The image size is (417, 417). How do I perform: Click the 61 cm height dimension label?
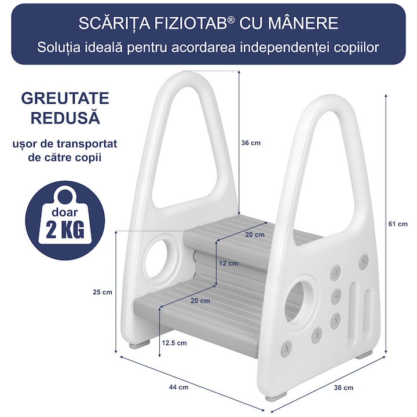(398, 224)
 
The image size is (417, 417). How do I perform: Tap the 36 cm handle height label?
(251, 143)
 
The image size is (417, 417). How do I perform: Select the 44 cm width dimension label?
(179, 387)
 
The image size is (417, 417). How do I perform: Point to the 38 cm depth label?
(343, 387)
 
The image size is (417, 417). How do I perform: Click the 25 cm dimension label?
(103, 292)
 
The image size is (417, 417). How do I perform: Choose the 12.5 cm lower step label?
(174, 343)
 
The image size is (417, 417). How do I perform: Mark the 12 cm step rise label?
(228, 264)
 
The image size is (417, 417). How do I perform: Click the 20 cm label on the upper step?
(255, 235)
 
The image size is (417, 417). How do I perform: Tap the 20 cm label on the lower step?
(200, 301)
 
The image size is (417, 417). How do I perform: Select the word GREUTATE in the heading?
(65, 98)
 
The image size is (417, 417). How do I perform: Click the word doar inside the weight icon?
(65, 212)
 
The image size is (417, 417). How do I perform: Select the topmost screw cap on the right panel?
(364, 261)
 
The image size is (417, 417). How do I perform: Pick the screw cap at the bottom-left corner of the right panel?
(287, 349)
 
